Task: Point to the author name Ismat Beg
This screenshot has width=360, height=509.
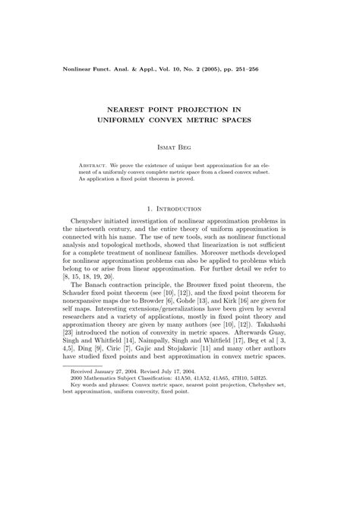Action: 180,146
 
